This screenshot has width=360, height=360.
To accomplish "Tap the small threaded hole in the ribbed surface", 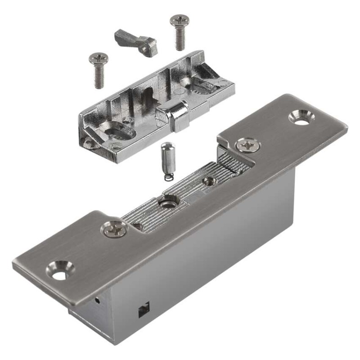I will [208, 181].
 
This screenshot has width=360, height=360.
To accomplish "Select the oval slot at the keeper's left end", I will [118, 131].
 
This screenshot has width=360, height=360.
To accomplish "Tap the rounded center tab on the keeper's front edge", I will [178, 116].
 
